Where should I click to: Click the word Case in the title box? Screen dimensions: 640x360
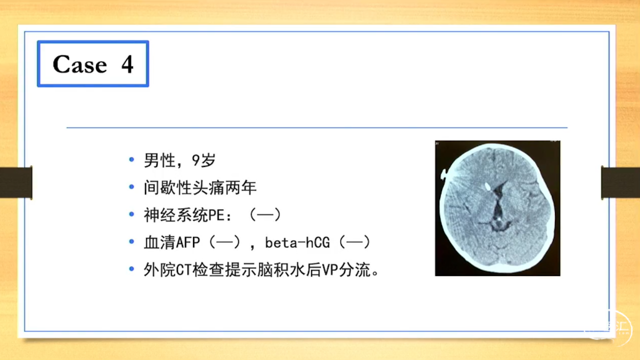click(80, 64)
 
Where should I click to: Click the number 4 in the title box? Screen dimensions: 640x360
click(127, 64)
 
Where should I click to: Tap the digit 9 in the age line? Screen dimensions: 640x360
click(195, 160)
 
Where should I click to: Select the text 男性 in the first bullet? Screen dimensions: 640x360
click(159, 160)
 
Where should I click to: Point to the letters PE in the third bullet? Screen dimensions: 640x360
click(216, 215)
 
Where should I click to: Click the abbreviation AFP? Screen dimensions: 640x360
click(187, 242)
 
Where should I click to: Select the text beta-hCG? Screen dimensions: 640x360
click(297, 242)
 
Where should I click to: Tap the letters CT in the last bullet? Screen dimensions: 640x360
click(183, 270)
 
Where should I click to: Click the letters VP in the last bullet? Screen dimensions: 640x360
click(330, 270)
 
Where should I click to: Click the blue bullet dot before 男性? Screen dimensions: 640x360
click(131, 159)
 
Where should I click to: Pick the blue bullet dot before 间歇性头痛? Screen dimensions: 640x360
click(131, 187)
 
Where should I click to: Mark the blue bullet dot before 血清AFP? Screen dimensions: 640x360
click(131, 241)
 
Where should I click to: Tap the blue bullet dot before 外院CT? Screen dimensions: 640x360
click(131, 269)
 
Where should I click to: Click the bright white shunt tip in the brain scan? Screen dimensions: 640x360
click(487, 187)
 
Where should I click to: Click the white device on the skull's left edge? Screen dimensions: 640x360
click(443, 174)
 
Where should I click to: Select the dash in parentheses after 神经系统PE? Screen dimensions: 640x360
click(265, 215)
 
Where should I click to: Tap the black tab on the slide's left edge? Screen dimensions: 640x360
click(16, 182)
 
